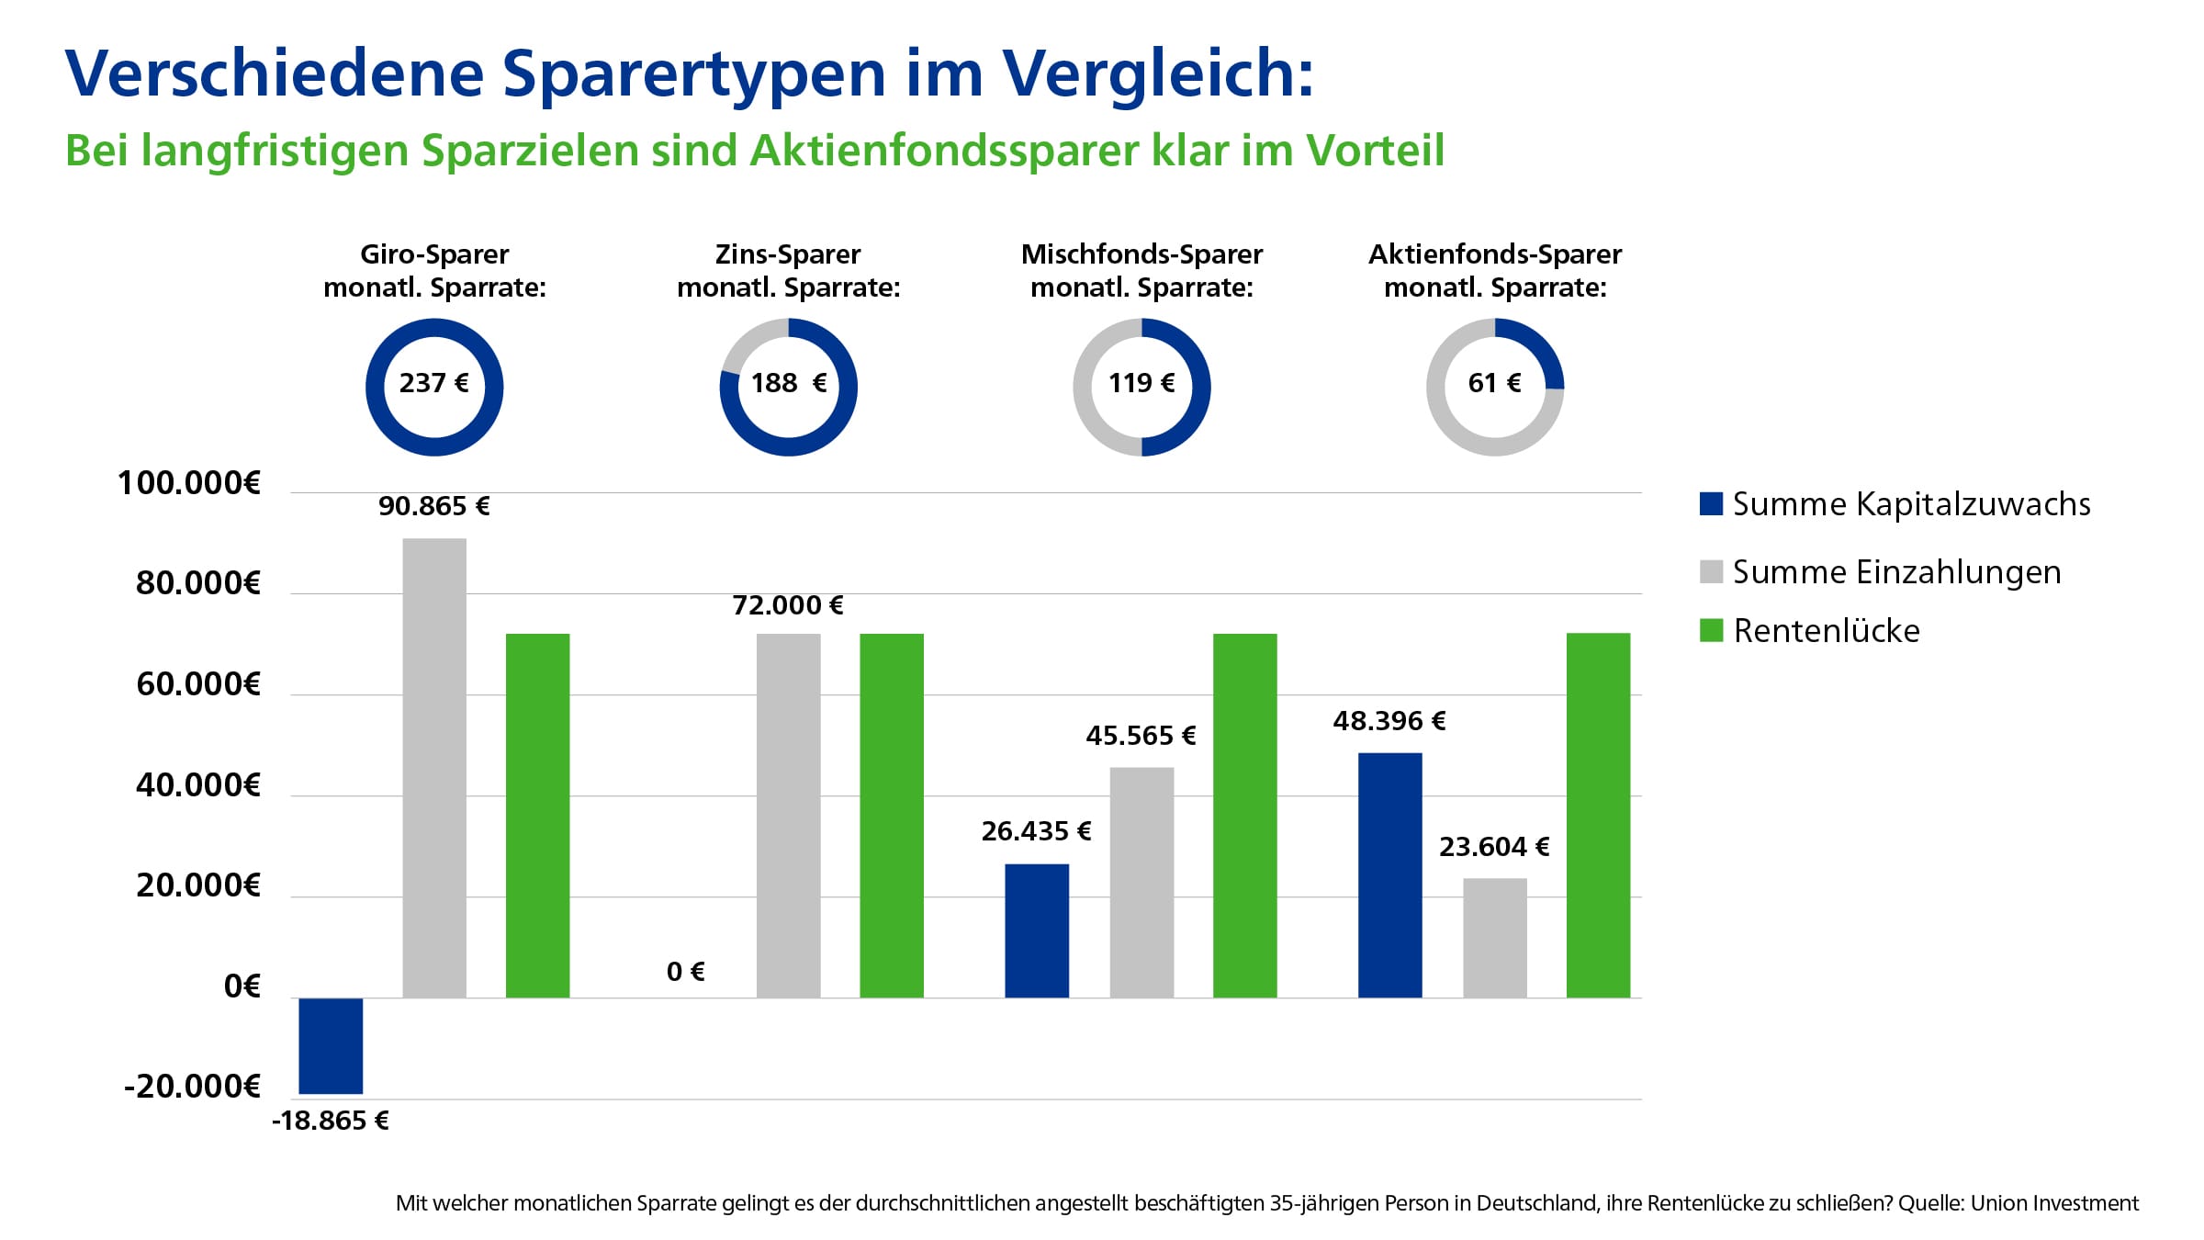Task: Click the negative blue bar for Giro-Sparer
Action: pos(331,1045)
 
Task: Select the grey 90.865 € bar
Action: pos(434,768)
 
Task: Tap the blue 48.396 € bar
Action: pos(1389,874)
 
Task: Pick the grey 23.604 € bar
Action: pos(1494,937)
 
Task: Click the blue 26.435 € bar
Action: pos(1037,930)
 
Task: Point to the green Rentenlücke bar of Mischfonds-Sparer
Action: pos(1244,816)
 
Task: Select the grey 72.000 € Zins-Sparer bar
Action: pos(788,816)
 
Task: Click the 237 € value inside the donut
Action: pos(433,383)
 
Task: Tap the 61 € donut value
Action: pos(1494,383)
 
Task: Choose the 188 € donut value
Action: pos(788,383)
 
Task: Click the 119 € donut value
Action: pos(1141,383)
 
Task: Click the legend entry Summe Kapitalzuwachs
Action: pos(1910,504)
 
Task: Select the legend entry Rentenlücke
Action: pos(1826,631)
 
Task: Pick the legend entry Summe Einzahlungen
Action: pos(1895,572)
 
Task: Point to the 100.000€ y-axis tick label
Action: pos(189,483)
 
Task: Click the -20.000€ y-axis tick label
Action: pos(193,1087)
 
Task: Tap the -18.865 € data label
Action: pos(331,1121)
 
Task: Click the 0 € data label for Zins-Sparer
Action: pos(685,972)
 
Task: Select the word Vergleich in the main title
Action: pos(1157,73)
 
